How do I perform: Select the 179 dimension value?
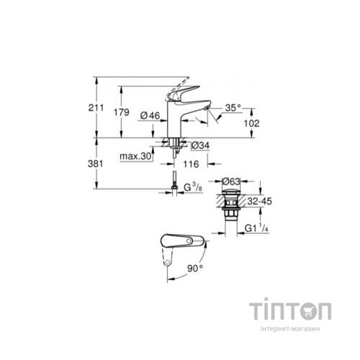tap(131, 114)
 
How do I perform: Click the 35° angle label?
tap(232, 107)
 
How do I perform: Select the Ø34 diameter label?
tap(200, 145)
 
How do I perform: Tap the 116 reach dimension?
tap(192, 165)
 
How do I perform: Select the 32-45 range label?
tap(258, 203)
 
